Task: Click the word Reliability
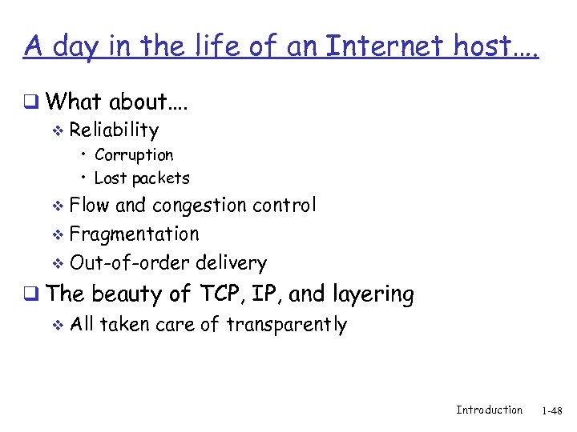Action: pyautogui.click(x=114, y=130)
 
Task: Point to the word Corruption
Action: pyautogui.click(x=133, y=154)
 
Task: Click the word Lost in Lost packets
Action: pyautogui.click(x=110, y=178)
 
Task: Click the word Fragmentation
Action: pyautogui.click(x=134, y=234)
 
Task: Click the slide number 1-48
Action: pyautogui.click(x=552, y=410)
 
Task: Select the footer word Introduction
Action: pyautogui.click(x=489, y=410)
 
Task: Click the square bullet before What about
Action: pyautogui.click(x=31, y=102)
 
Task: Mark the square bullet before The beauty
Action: pyautogui.click(x=31, y=294)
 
